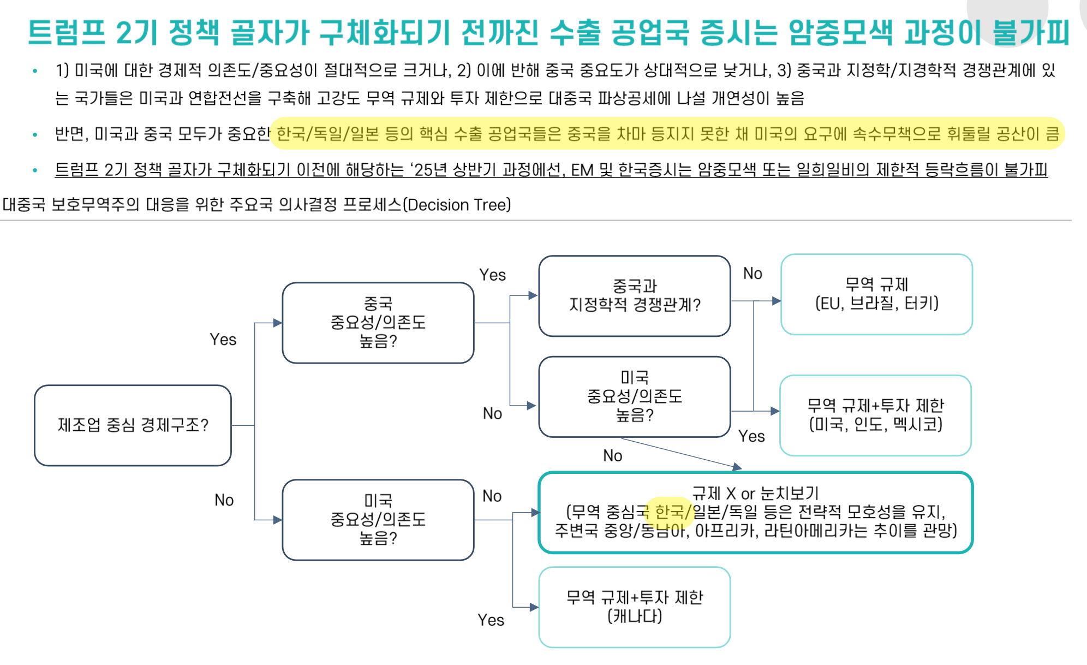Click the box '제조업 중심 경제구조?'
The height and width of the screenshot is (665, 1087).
tap(133, 425)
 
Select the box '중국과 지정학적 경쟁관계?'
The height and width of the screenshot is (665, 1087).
tap(634, 295)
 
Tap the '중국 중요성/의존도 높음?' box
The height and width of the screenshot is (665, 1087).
tap(378, 322)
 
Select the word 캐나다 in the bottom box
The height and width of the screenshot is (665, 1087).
tap(634, 616)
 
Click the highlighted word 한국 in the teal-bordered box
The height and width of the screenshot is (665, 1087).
tap(669, 512)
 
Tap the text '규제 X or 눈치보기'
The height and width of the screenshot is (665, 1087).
tap(755, 493)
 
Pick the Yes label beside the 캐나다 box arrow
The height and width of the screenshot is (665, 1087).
tap(491, 620)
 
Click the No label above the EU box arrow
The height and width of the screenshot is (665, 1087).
tap(752, 274)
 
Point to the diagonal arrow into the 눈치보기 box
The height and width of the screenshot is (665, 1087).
tap(682, 453)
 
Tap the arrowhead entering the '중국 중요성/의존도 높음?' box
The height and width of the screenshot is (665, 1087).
tap(278, 323)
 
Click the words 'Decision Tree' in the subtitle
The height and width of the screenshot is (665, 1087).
tap(457, 205)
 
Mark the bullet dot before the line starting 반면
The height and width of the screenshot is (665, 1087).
tap(35, 134)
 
